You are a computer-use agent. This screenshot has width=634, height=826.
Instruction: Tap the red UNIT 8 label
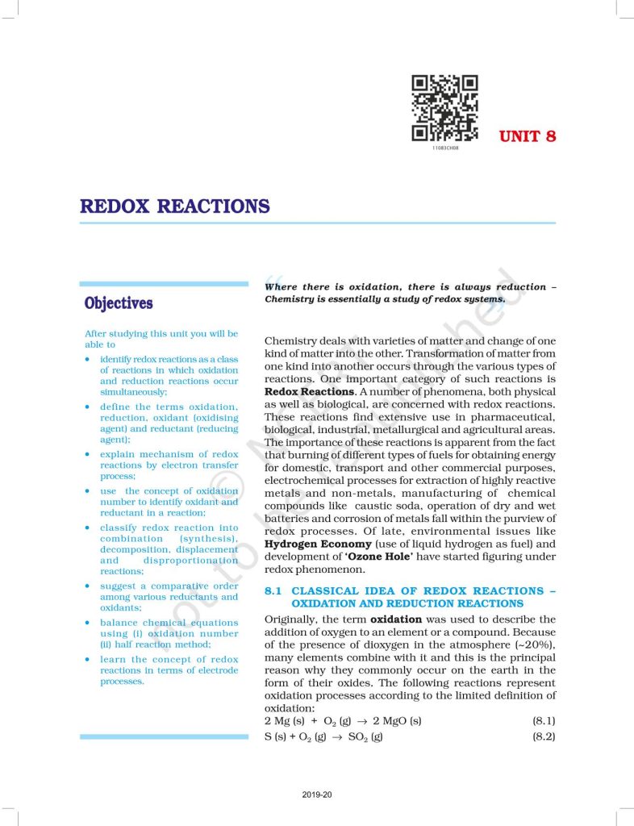(528, 136)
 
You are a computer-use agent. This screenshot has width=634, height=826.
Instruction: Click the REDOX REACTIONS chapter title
(174, 206)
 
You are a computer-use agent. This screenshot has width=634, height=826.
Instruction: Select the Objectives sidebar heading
(119, 303)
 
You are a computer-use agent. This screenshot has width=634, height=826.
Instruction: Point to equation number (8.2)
(543, 736)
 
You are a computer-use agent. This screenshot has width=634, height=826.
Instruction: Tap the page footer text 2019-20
(317, 795)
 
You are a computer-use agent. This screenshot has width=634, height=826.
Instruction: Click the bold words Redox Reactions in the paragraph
(309, 391)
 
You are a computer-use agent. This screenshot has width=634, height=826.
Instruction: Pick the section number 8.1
(273, 591)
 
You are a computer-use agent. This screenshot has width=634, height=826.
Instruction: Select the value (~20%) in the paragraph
(532, 645)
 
